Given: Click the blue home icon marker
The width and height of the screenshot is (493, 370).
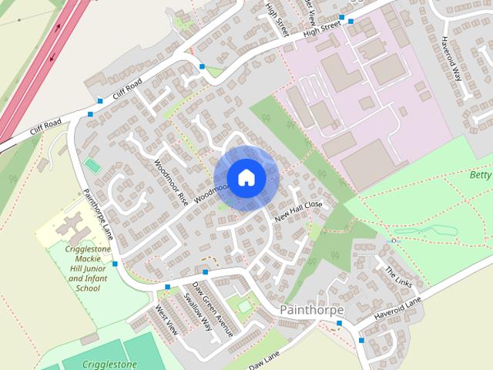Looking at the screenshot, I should pyautogui.click(x=246, y=177).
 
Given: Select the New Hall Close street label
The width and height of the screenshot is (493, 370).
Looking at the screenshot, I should pyautogui.click(x=297, y=211).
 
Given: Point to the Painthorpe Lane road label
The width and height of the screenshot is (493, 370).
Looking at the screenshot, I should pyautogui.click(x=98, y=213).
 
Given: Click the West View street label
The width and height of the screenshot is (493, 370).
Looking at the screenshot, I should pyautogui.click(x=166, y=320).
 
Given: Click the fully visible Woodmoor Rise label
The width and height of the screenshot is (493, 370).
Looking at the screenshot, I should pyautogui.click(x=170, y=182).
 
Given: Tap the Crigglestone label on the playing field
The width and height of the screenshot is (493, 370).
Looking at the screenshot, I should pyautogui.click(x=100, y=364).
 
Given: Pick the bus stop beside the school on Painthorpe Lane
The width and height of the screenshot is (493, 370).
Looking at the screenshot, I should pyautogui.click(x=115, y=264).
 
